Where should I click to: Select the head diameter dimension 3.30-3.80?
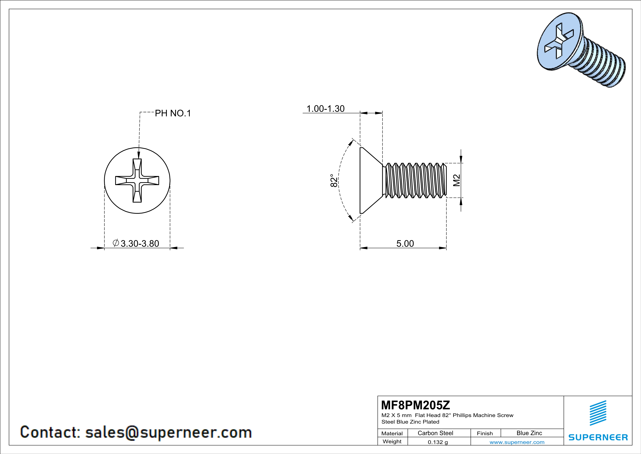point(140,243)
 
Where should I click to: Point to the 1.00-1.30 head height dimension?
point(326,109)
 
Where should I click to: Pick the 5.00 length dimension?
point(405,243)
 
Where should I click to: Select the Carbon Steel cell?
point(435,433)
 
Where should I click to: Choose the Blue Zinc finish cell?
point(529,433)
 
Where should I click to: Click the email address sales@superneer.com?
point(168,432)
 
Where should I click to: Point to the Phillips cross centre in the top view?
point(137,181)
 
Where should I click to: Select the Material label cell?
point(392,433)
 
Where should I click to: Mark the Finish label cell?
point(485,433)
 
